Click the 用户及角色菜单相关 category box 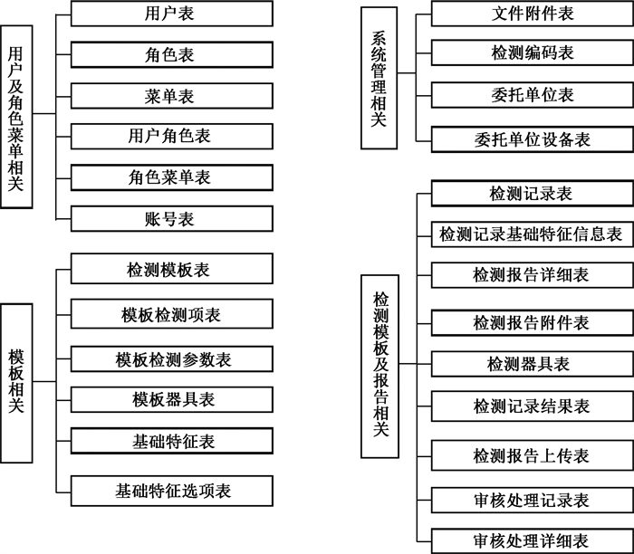pyautogui.click(x=16, y=117)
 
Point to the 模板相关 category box pyautogui.click(x=16, y=383)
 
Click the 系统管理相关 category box pyautogui.click(x=379, y=78)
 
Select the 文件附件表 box pyautogui.click(x=533, y=14)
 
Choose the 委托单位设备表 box pyautogui.click(x=533, y=139)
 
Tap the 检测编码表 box pyautogui.click(x=533, y=53)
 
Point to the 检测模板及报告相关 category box pyautogui.click(x=379, y=367)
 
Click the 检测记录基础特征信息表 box pyautogui.click(x=533, y=234)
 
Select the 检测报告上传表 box pyautogui.click(x=533, y=455)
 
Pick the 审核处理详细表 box pyautogui.click(x=533, y=540)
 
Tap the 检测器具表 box pyautogui.click(x=533, y=364)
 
